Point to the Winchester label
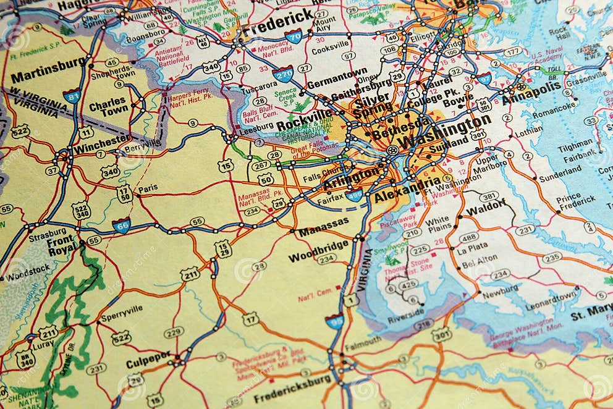click(101, 143)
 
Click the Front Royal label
click(62, 243)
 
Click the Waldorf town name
click(486, 208)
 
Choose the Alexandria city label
click(407, 190)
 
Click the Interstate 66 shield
click(121, 225)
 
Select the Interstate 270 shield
click(282, 74)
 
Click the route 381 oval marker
click(489, 196)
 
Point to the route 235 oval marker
click(552, 257)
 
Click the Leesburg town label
click(255, 132)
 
